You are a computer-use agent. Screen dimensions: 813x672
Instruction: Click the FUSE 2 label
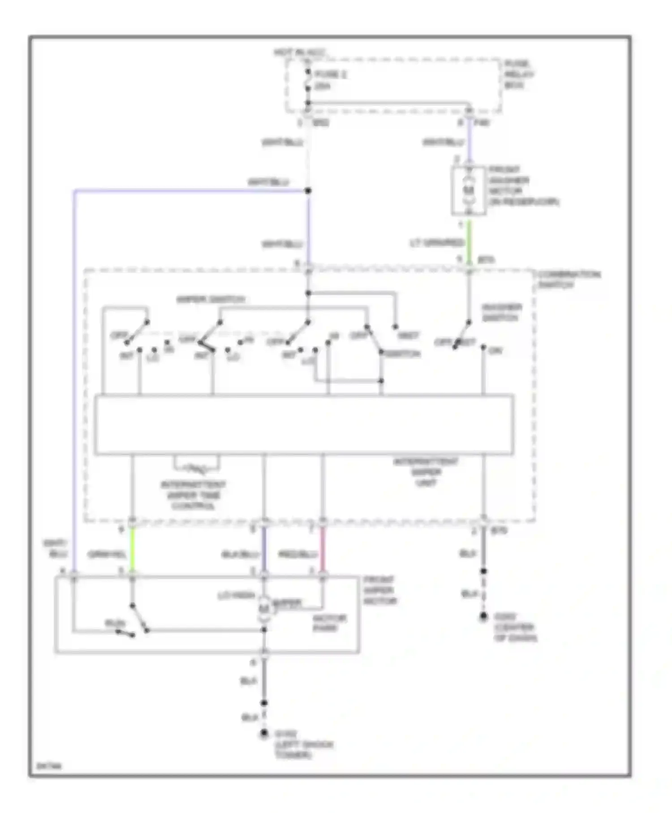click(x=331, y=74)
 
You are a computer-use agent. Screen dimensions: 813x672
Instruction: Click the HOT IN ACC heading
click(x=299, y=53)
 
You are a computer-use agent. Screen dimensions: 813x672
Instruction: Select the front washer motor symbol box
click(x=469, y=190)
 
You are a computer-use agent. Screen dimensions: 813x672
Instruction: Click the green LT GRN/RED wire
click(x=469, y=242)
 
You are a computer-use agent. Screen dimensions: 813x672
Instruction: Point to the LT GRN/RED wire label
click(x=437, y=243)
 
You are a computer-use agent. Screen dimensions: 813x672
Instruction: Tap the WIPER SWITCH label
click(x=211, y=299)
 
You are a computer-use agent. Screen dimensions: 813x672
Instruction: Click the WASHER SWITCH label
click(x=501, y=312)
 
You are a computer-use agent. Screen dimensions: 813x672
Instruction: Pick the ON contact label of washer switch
click(x=495, y=351)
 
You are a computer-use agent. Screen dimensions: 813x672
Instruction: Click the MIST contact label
click(x=408, y=335)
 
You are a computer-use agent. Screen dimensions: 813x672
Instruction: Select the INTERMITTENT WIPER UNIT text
click(x=426, y=472)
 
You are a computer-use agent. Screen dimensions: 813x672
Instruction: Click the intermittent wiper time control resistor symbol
click(x=197, y=469)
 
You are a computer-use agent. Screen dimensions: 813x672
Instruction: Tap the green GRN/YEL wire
click(x=132, y=549)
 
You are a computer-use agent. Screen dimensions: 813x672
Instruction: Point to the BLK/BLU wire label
click(x=240, y=555)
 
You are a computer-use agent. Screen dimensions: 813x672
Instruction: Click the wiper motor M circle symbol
click(x=264, y=608)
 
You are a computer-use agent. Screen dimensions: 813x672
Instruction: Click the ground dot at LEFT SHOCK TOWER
click(x=264, y=733)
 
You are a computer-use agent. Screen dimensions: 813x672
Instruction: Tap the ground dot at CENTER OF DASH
click(x=483, y=617)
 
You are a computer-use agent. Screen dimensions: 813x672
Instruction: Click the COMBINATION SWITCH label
click(x=569, y=279)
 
